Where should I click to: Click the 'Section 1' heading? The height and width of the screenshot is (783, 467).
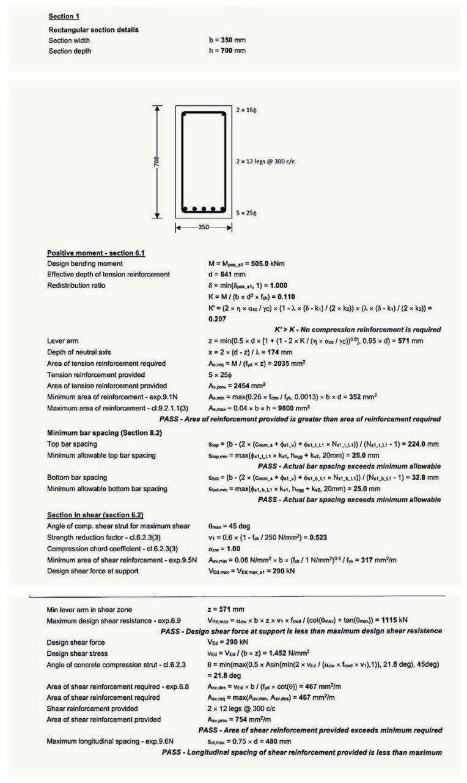click(64, 16)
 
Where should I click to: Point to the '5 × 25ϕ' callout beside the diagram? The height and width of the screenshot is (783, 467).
click(246, 213)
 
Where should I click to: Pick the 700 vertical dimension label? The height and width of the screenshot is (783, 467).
click(157, 161)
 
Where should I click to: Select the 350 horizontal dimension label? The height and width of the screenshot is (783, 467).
click(204, 228)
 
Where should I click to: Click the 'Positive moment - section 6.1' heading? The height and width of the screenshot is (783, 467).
click(96, 253)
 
